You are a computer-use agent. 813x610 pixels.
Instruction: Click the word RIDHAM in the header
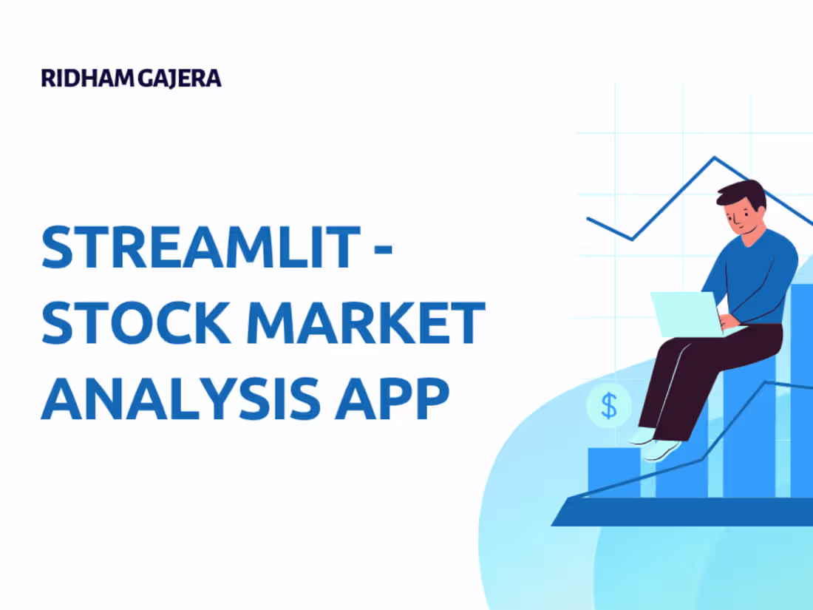(88, 79)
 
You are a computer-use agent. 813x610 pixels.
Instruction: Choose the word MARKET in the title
(380, 323)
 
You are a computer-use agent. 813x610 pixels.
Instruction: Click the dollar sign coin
(609, 405)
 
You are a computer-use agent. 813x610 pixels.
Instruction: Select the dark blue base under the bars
(680, 512)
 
